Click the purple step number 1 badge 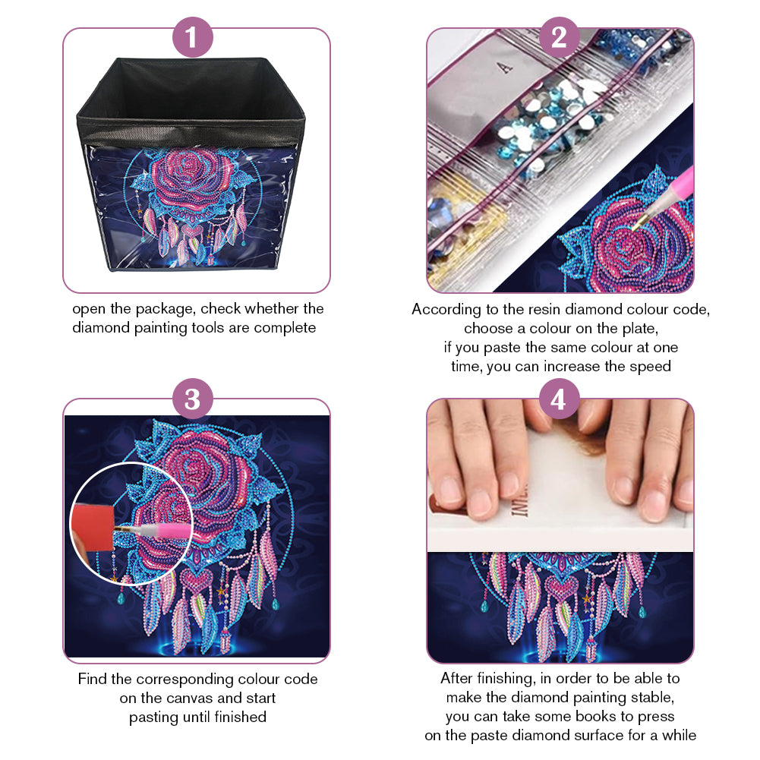192,37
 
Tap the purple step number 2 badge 559,37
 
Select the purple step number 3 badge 192,399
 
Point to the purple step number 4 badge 559,399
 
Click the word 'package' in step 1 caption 166,310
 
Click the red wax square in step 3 93,526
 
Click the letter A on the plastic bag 505,67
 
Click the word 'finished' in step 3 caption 241,717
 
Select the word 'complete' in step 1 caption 285,329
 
